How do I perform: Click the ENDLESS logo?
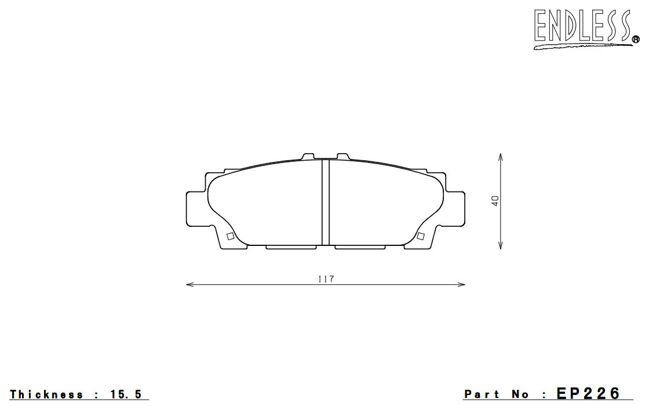click(x=584, y=28)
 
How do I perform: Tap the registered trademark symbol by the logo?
click(x=635, y=40)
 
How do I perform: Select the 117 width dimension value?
click(x=326, y=279)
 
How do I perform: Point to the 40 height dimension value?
click(x=495, y=201)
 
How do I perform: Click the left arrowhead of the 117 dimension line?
click(x=190, y=285)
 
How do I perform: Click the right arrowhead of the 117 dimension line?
click(x=461, y=285)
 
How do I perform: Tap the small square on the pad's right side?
click(x=421, y=236)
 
